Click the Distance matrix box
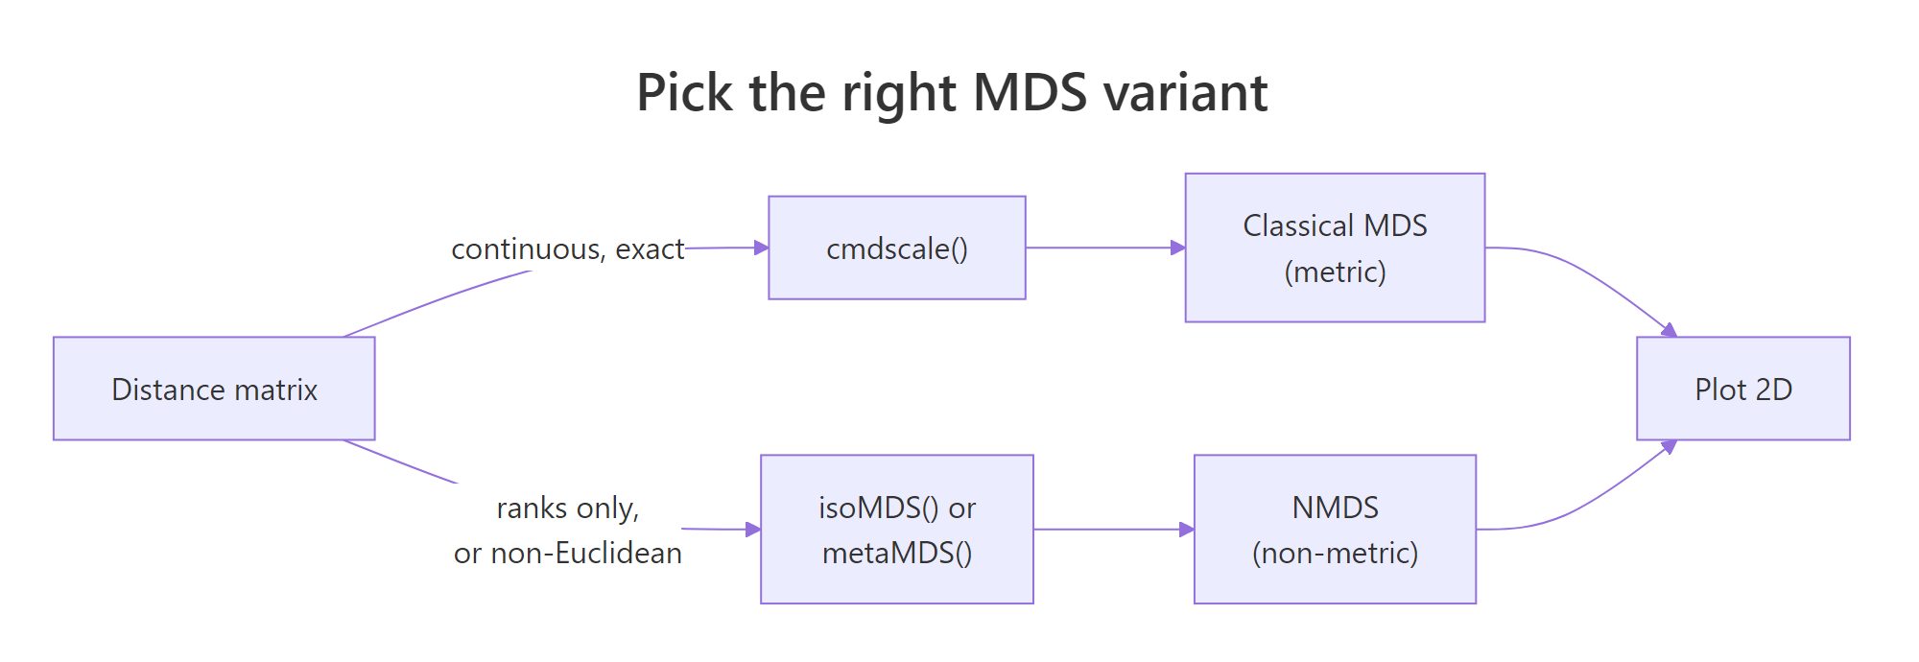coord(214,389)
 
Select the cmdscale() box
coord(896,248)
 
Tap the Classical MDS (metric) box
coord(1335,248)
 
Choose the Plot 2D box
coord(1742,389)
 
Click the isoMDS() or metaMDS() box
coord(896,529)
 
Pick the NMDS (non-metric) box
coord(1335,529)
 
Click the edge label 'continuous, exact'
coord(567,249)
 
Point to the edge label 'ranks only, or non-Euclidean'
coord(567,530)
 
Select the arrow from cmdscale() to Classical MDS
coord(1103,248)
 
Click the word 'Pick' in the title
coord(685,93)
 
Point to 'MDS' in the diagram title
coord(1030,93)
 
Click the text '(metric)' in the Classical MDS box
coord(1335,272)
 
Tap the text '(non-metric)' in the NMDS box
coord(1335,553)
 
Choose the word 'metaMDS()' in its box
coord(896,553)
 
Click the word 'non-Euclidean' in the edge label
coord(586,554)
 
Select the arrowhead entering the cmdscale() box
coord(761,248)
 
